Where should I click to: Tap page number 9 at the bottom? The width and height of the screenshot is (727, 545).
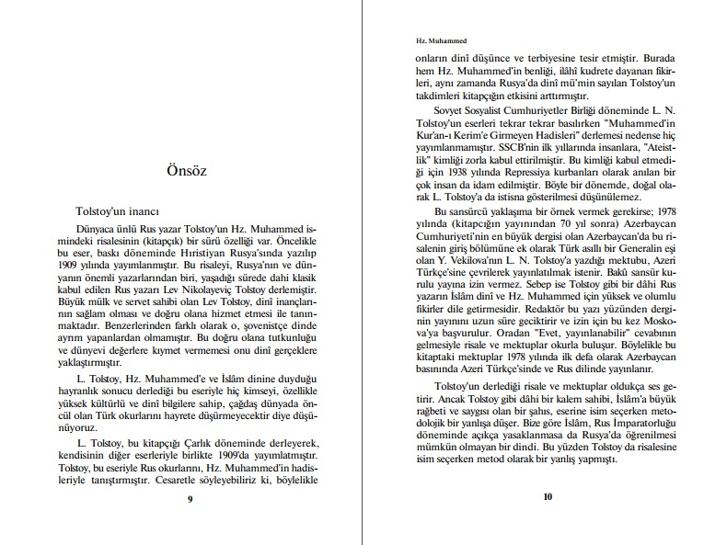pos(189,499)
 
